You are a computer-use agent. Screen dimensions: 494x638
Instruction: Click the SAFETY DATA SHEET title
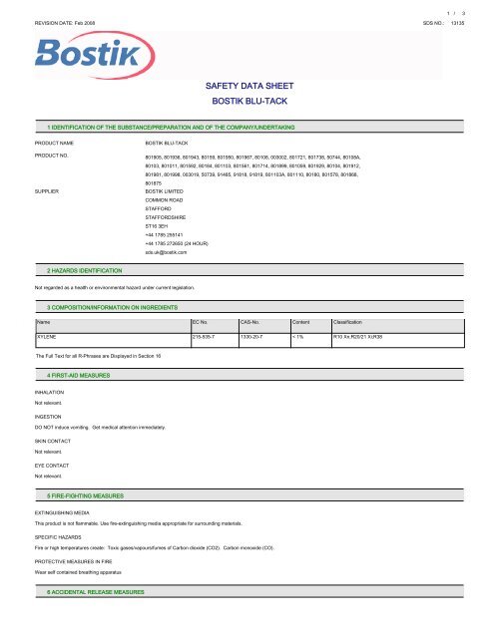click(x=246, y=88)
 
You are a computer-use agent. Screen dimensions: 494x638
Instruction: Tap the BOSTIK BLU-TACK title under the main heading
click(x=246, y=102)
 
